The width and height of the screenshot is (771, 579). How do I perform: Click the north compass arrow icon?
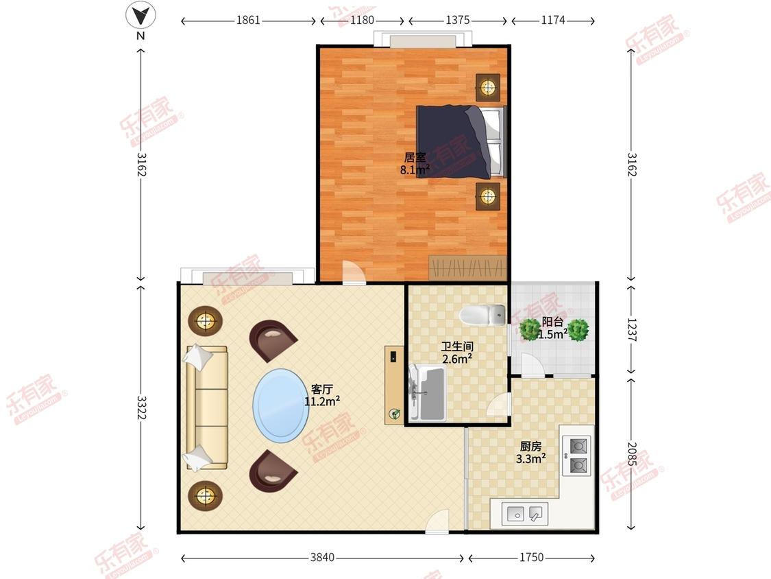140,16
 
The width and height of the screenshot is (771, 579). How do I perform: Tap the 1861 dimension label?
248,20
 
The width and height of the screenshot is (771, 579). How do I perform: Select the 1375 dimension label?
458,20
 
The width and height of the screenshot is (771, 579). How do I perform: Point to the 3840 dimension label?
322,557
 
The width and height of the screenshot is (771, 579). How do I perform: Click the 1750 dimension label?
532,557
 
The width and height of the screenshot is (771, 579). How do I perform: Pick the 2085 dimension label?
633,454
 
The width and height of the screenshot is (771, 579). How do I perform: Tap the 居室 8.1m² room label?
415,164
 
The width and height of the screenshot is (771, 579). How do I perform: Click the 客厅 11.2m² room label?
322,395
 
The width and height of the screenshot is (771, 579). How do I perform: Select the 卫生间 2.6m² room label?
457,353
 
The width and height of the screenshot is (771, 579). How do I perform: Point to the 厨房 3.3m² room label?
531,453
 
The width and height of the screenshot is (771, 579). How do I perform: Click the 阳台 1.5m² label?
552,329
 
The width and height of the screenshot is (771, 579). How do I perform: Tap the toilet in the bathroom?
482,315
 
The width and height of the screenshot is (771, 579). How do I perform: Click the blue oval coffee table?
281,405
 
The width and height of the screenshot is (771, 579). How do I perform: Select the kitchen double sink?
525,514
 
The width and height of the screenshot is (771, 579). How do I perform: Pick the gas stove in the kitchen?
577,456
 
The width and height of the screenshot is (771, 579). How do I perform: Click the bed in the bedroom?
461,141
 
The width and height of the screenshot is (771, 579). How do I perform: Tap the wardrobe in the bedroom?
467,268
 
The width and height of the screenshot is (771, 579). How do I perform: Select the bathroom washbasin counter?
426,393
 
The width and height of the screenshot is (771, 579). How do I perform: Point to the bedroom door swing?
353,272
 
